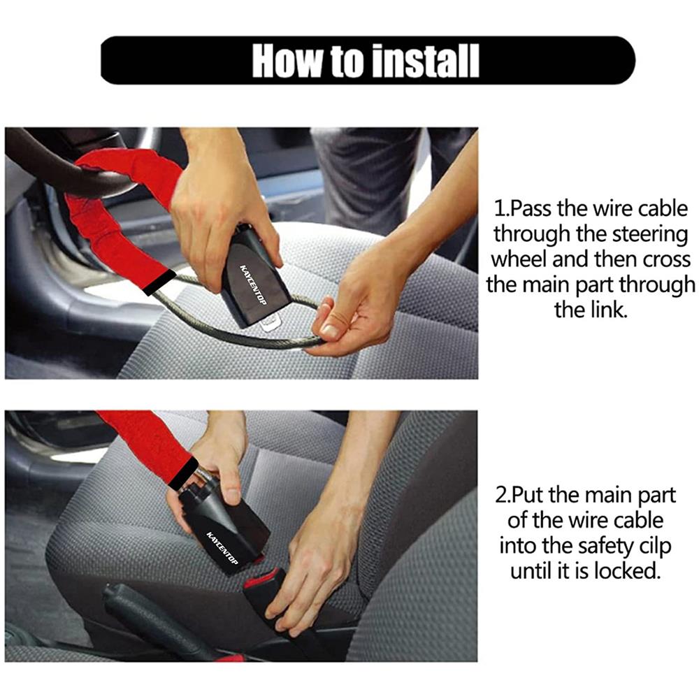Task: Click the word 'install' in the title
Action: coord(425,61)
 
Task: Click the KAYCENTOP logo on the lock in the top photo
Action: coord(253,285)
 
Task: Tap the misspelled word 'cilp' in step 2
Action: coord(654,547)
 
